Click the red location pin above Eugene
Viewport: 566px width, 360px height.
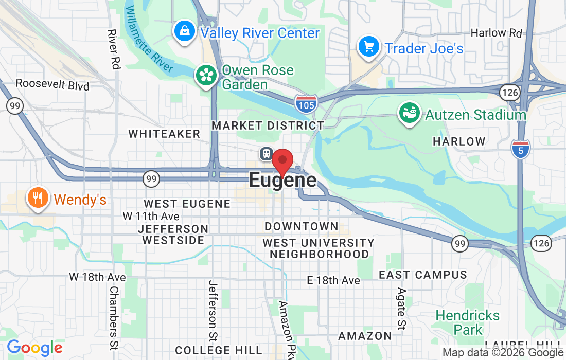[282, 161]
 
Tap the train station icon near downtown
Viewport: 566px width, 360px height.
[266, 153]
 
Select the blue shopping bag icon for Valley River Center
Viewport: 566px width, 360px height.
[184, 32]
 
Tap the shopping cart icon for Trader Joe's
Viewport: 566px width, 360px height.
[368, 47]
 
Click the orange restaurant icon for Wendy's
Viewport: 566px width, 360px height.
[38, 198]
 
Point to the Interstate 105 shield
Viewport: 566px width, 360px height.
[306, 104]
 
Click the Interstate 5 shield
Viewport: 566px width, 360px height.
[521, 149]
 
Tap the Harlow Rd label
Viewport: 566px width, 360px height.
[496, 33]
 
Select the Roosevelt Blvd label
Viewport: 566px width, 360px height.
[52, 85]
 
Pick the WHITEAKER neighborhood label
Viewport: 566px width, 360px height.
[164, 134]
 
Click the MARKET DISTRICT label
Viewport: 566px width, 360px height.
[268, 125]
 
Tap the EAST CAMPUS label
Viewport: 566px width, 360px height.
[423, 275]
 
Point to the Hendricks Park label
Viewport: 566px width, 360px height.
[467, 322]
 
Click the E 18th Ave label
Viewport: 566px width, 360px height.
[333, 280]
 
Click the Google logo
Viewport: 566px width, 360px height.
[34, 348]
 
